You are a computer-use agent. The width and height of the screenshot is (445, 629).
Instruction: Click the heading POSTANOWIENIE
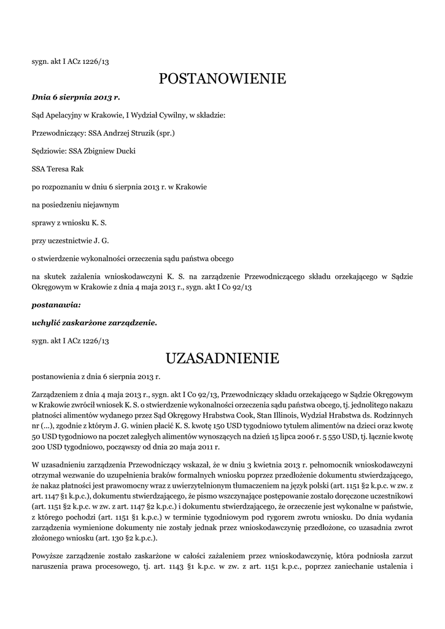[222, 79]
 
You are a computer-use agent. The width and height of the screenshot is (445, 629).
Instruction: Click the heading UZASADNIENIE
[222, 357]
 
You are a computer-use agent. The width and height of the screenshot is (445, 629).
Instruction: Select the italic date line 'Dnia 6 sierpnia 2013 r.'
[76, 97]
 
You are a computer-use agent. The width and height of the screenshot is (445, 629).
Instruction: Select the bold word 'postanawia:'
[56, 304]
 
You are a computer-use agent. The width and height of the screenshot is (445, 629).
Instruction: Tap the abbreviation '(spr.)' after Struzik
[166, 133]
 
